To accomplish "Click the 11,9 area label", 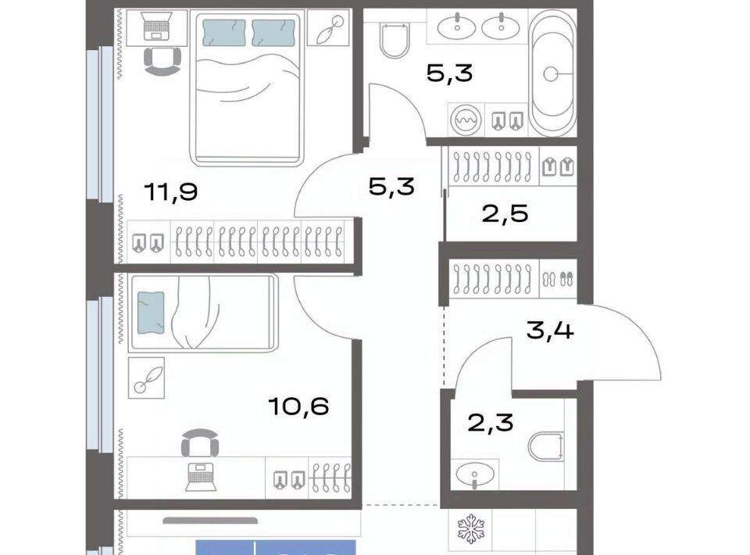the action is (x=171, y=192).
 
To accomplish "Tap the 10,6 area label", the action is (x=298, y=406).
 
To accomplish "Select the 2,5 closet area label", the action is (x=505, y=213).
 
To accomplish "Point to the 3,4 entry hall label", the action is (x=550, y=330).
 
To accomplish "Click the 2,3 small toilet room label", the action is (x=491, y=422).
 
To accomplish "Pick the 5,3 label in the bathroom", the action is (x=450, y=73).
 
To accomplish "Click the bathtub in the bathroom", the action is (x=552, y=73).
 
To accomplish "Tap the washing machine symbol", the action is (x=466, y=120).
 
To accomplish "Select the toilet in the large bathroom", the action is (x=395, y=40).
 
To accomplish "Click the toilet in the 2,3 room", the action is (x=546, y=446).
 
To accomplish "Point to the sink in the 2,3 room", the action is (x=474, y=474).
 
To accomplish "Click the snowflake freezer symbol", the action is (x=471, y=528).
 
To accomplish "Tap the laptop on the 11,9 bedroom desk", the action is (x=157, y=27).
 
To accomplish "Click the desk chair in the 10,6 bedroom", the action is (x=200, y=443).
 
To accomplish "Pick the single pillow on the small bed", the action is (x=151, y=313).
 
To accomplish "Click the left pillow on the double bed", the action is (x=224, y=33).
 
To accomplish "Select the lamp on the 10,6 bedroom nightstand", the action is (x=146, y=378).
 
